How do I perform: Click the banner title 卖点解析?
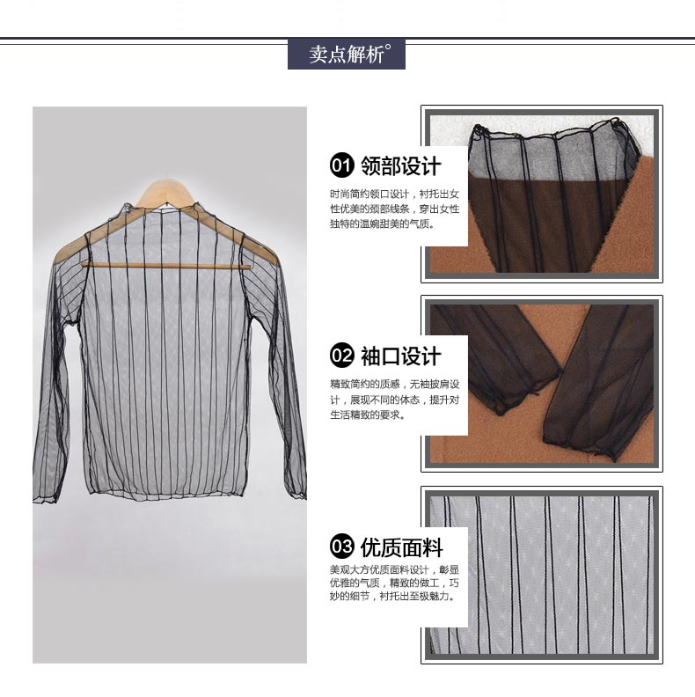347,55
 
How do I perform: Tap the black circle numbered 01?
341,165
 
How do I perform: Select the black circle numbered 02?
341,356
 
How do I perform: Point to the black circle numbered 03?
341,546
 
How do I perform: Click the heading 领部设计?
401,165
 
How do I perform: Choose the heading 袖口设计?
401,356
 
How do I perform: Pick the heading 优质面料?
401,547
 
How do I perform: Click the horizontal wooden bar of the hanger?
165,266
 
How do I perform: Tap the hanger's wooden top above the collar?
165,192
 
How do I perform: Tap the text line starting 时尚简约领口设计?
395,194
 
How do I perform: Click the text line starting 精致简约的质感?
395,385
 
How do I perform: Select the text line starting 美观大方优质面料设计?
395,569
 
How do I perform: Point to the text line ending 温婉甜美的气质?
382,224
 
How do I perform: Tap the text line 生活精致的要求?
368,415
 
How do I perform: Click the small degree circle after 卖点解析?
388,47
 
